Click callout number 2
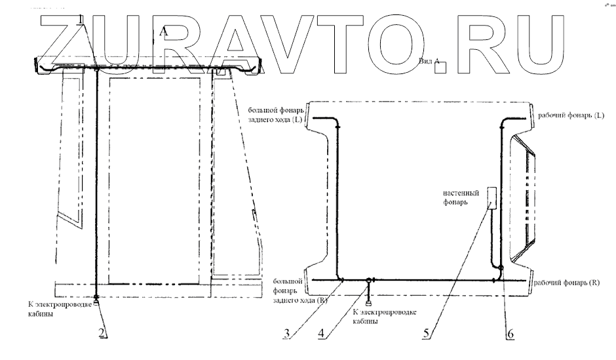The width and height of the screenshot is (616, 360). click(x=102, y=332)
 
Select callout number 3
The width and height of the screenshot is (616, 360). click(x=286, y=332)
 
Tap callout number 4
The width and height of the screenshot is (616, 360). click(x=321, y=332)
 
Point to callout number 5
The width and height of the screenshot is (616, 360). click(x=426, y=332)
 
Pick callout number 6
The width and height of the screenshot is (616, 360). click(x=510, y=332)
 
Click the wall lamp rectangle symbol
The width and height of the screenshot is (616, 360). click(x=491, y=197)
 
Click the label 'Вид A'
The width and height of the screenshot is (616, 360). click(x=428, y=60)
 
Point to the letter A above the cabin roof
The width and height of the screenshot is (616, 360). click(x=163, y=31)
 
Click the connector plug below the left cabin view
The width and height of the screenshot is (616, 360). click(x=96, y=302)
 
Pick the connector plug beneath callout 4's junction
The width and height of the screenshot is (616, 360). click(x=369, y=303)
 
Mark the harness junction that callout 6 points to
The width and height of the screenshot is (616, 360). click(x=501, y=268)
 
